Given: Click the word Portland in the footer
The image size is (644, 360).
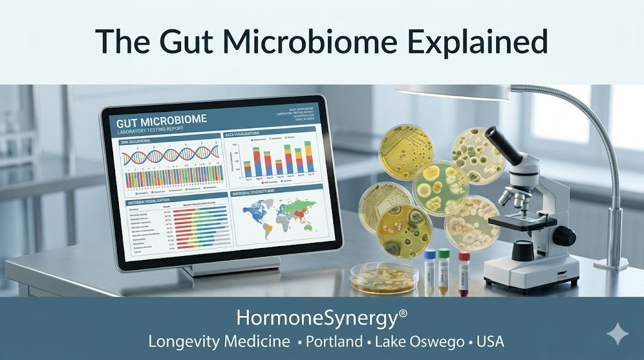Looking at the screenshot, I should click(x=333, y=342).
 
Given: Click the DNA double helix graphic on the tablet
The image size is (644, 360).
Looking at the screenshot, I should click(x=170, y=154).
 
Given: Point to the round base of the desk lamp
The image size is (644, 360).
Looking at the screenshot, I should click(x=610, y=264).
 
